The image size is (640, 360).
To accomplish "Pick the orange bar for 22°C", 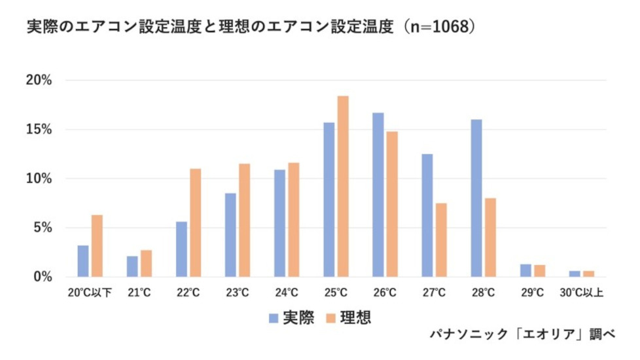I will (x=196, y=223).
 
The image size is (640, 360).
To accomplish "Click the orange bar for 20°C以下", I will (x=97, y=245).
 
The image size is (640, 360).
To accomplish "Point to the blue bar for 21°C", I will (x=132, y=266).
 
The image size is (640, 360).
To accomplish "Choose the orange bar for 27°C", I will (x=441, y=240).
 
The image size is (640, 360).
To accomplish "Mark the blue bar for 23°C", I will (x=230, y=235).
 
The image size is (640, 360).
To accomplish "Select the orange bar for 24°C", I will (x=294, y=220).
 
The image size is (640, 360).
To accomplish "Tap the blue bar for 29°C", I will (x=525, y=270).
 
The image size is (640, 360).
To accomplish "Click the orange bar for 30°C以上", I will (x=588, y=274).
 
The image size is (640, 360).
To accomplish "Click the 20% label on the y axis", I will (x=39, y=81).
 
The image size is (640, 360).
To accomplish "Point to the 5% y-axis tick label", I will (x=42, y=228).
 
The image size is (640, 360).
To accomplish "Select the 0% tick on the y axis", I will (x=42, y=277).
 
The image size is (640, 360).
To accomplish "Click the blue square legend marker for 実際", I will (x=274, y=319).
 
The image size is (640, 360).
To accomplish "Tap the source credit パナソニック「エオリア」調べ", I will (x=522, y=334).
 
